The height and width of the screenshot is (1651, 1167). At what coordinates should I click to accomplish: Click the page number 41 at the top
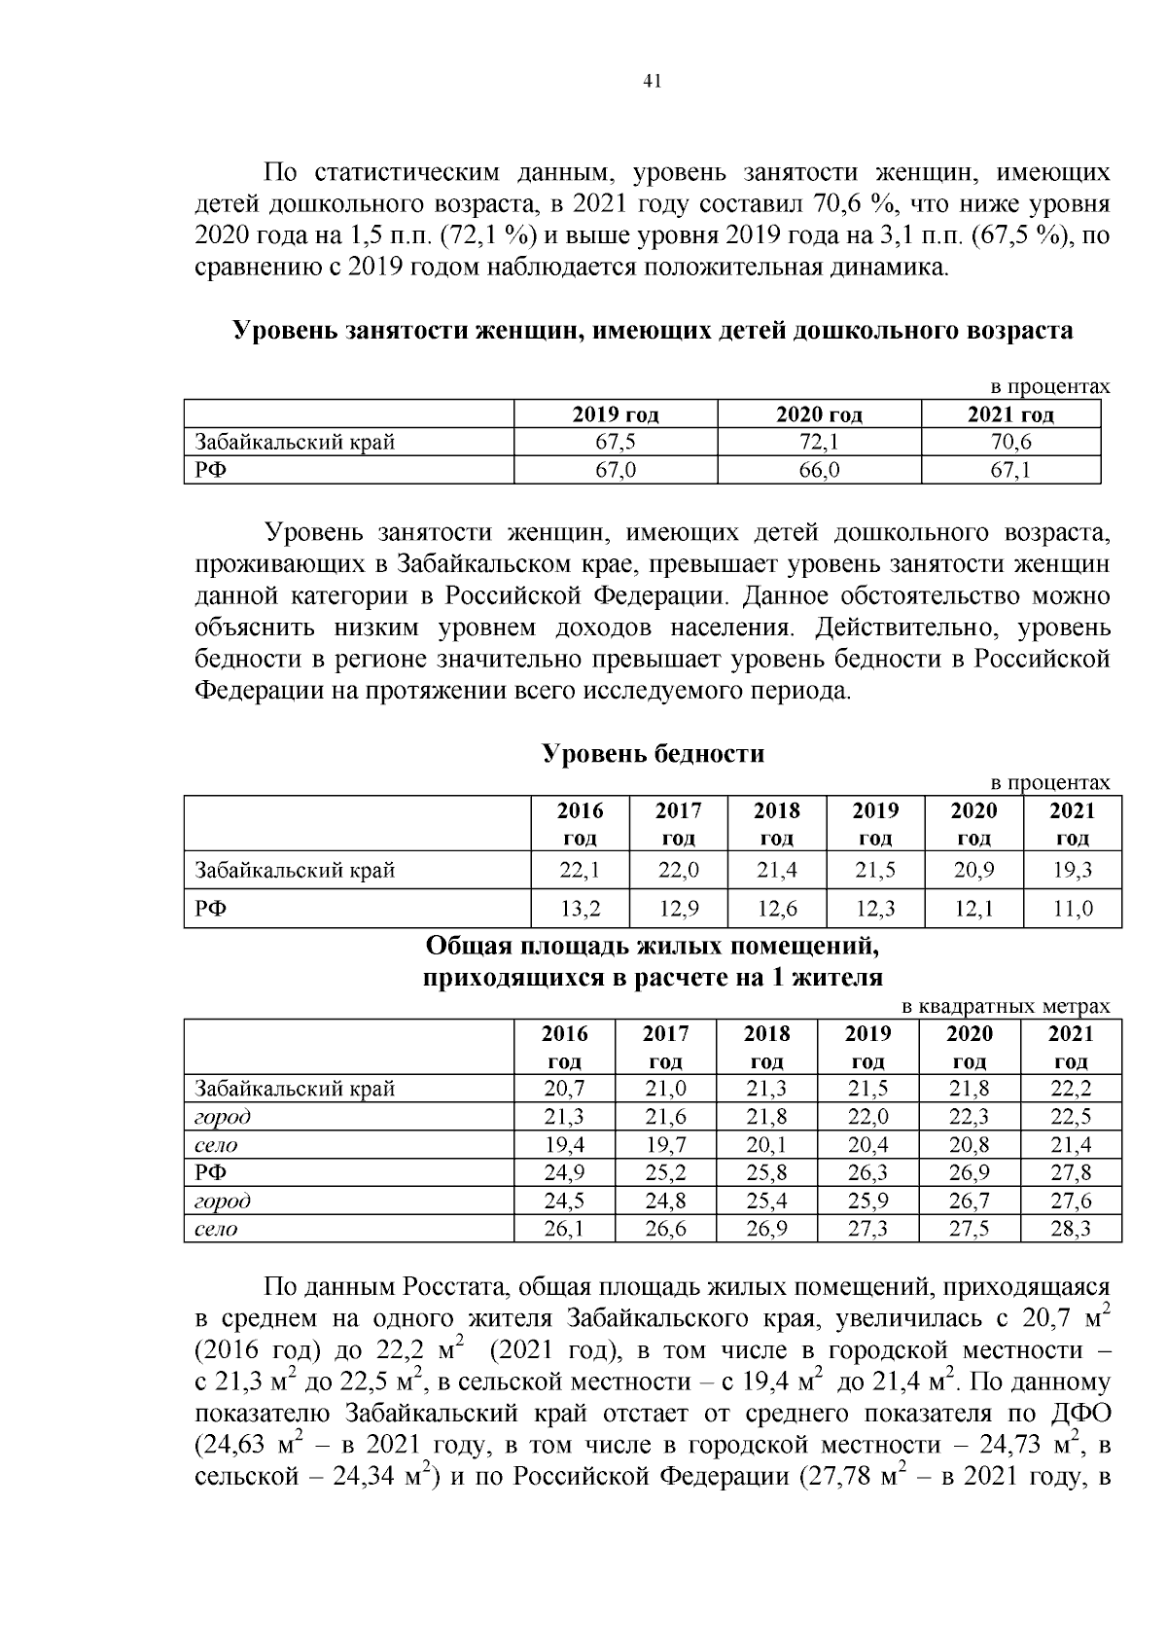coord(653,82)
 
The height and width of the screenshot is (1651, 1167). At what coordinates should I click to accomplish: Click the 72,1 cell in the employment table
coord(819,443)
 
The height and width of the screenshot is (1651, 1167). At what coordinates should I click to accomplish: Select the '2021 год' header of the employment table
coord(1010,415)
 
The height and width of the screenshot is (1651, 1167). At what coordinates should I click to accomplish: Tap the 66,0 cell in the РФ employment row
coord(819,471)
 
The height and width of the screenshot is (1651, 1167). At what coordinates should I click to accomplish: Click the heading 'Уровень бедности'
coord(653,754)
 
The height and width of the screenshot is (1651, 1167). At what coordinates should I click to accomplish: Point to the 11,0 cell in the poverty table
coord(1072,910)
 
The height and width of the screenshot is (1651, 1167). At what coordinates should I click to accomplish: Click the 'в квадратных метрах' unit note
coord(1006,1007)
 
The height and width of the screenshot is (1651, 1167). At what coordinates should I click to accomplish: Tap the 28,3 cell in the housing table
coord(1071,1230)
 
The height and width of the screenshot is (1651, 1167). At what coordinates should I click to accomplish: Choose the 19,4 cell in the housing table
coord(564,1145)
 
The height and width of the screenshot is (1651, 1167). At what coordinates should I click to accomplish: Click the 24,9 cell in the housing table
coord(564,1173)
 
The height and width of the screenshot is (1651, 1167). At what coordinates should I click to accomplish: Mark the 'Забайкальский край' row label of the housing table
coord(295,1089)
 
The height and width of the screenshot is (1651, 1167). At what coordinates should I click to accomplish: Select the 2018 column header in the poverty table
coord(776,823)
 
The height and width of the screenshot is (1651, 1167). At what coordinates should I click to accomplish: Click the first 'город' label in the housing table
coord(223,1117)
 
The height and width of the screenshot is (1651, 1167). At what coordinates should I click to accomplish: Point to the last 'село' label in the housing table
coord(216,1230)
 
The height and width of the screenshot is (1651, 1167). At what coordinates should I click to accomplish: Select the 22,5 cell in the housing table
coord(1071,1117)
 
